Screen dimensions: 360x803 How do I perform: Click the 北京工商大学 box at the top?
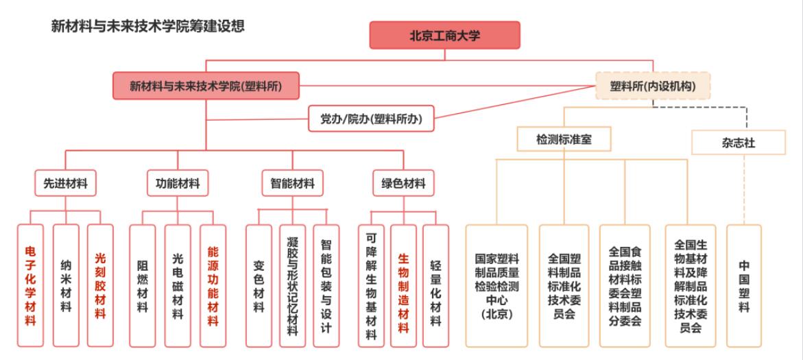[x=444, y=35]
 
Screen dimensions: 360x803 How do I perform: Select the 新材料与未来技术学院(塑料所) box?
[x=206, y=86]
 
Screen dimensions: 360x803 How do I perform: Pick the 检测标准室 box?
[x=564, y=139]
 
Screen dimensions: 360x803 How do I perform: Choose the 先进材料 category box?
[x=65, y=184]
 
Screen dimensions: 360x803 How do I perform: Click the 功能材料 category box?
[x=178, y=184]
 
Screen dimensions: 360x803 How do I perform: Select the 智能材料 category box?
[x=292, y=184]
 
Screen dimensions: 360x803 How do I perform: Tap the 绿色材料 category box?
[x=403, y=184]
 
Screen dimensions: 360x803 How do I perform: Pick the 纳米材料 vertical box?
[x=65, y=285]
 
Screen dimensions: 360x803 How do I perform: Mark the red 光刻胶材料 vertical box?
[x=100, y=285]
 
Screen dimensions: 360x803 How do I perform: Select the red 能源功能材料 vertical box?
[x=213, y=285]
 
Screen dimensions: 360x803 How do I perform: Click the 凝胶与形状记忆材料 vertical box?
[x=292, y=285]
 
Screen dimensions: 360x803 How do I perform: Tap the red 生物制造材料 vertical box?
[x=403, y=285]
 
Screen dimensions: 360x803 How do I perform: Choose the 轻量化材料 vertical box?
[x=436, y=285]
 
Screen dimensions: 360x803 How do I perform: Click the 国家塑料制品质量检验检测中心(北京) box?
[x=496, y=285]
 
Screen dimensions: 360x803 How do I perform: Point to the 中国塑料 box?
[x=744, y=285]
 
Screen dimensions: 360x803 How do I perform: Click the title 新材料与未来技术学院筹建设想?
[x=148, y=26]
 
